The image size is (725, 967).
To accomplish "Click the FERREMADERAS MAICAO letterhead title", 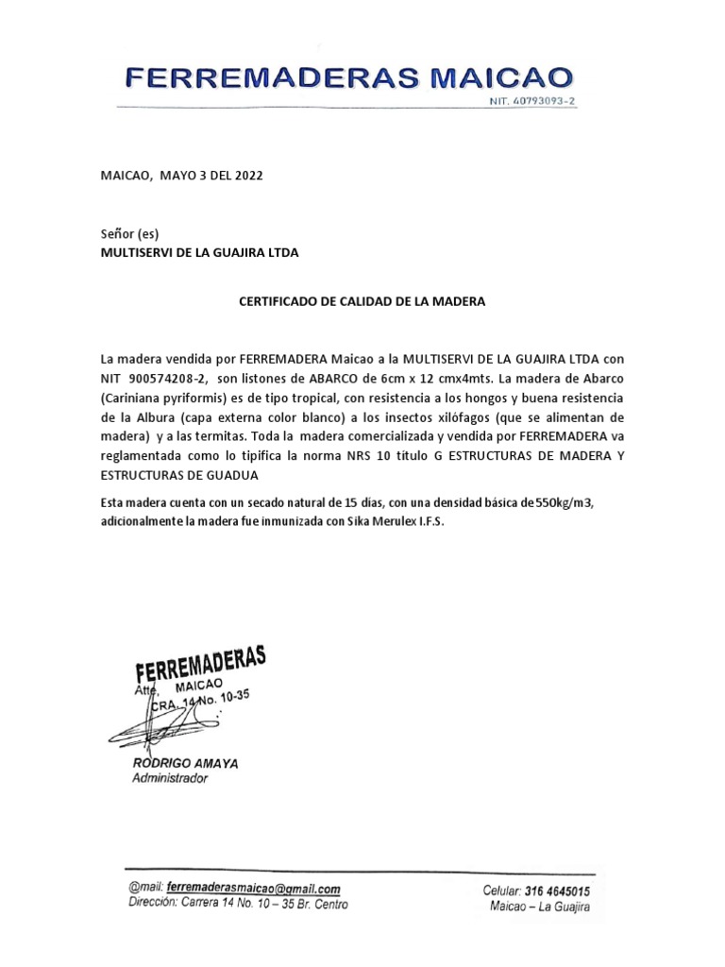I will click(x=348, y=76).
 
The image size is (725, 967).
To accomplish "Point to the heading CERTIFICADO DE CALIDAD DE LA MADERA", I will click(x=362, y=302).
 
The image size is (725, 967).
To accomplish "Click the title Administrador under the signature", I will click(x=169, y=779).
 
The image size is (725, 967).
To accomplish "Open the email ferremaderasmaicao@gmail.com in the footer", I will click(x=253, y=889).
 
